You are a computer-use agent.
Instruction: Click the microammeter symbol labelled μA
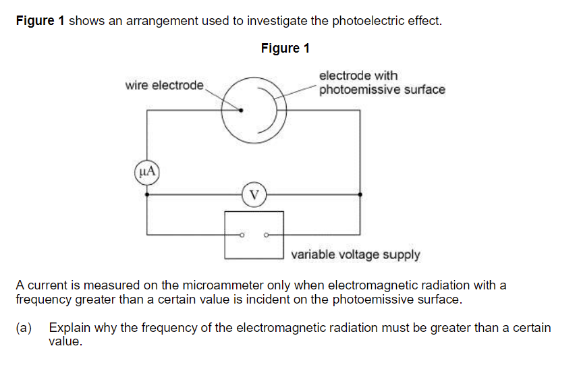click(x=147, y=171)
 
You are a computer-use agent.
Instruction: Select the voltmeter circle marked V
click(x=253, y=194)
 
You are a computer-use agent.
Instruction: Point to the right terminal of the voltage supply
click(x=265, y=235)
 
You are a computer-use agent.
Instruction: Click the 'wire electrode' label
click(x=164, y=86)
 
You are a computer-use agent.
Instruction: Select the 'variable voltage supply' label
click(x=356, y=255)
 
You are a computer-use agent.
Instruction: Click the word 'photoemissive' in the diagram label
click(x=358, y=89)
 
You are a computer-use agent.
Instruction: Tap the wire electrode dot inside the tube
click(x=240, y=110)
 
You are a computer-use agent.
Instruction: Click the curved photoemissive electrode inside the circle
click(x=273, y=109)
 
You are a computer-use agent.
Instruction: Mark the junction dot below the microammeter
click(x=147, y=194)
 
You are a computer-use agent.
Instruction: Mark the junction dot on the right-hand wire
click(x=360, y=194)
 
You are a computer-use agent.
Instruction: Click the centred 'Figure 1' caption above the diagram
click(x=285, y=48)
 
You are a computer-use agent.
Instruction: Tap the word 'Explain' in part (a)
click(x=69, y=328)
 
